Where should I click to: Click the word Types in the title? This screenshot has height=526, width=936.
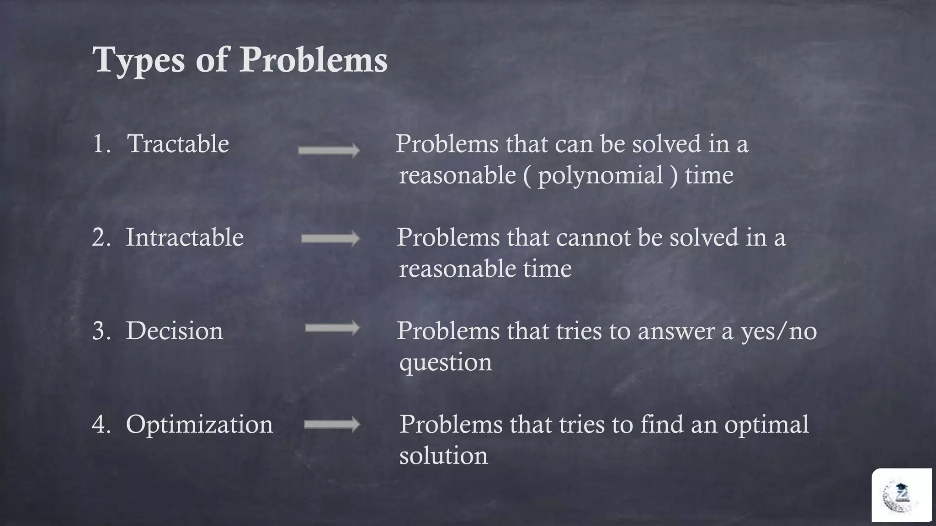138,60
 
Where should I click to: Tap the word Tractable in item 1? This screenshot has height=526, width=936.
178,144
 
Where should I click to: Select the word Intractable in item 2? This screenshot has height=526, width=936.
185,237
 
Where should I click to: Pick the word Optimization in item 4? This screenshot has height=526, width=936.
199,424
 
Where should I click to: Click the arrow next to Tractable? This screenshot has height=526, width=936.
329,150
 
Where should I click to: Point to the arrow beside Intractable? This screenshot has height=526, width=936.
330,238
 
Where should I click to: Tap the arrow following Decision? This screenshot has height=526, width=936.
332,328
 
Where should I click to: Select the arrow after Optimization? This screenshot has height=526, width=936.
332,425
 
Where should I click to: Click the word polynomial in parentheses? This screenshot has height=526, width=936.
601,176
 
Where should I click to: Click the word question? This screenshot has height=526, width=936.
446,363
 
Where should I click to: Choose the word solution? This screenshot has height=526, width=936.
443,456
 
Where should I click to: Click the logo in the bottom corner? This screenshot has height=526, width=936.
901,495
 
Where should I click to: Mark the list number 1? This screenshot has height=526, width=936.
101,144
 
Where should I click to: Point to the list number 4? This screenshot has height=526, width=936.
101,424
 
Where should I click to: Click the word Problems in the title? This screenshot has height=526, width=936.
314,60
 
